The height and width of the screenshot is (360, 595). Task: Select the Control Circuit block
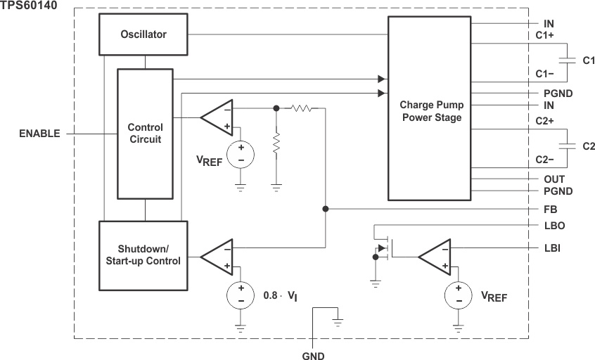pyautogui.click(x=145, y=134)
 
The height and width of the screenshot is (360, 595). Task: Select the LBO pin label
pyautogui.click(x=554, y=226)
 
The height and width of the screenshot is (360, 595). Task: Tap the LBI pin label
pyautogui.click(x=552, y=248)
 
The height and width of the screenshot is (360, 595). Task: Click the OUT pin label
pyautogui.click(x=554, y=179)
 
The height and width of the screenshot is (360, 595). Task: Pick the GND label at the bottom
pyautogui.click(x=313, y=356)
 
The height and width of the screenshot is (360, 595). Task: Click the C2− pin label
pyautogui.click(x=545, y=160)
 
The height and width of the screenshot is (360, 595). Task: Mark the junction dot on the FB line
pyautogui.click(x=325, y=209)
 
